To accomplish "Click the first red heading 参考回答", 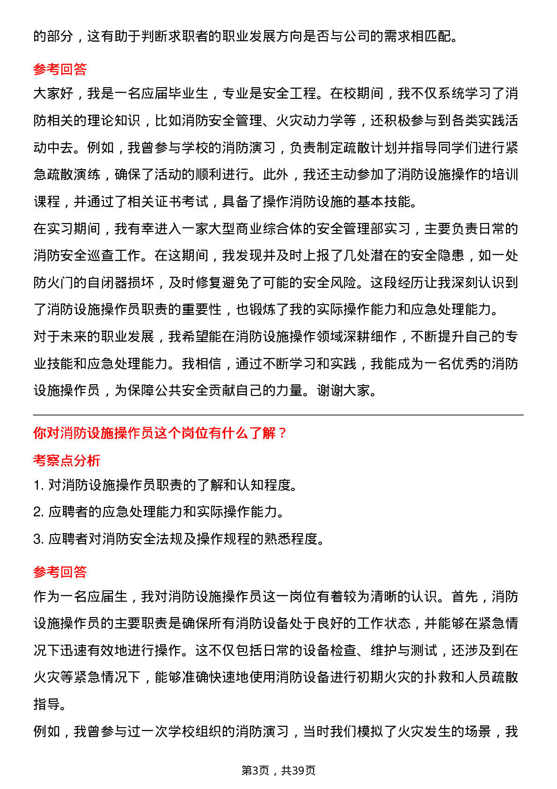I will [60, 69].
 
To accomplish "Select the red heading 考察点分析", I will [66, 461].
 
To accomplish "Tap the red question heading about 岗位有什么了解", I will [160, 433].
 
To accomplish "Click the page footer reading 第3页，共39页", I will [278, 770].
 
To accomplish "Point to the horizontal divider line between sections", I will [278, 415].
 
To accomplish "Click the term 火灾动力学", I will [316, 121].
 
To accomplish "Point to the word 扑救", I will [424, 677].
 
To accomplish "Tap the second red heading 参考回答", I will [60, 572].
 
